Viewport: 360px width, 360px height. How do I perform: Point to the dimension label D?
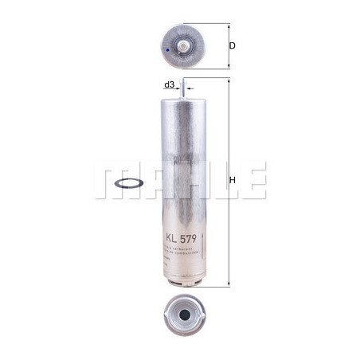[x=232, y=45]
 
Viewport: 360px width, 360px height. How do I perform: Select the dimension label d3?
[x=169, y=84]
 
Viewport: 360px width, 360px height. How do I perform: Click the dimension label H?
[x=233, y=181]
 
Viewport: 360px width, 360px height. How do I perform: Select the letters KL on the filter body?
[x=170, y=237]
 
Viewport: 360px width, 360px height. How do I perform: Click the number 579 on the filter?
[x=191, y=237]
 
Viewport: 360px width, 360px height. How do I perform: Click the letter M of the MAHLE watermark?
[x=113, y=181]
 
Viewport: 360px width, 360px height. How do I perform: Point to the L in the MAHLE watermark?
[x=219, y=181]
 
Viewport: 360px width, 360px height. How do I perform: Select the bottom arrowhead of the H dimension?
[x=228, y=285]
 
